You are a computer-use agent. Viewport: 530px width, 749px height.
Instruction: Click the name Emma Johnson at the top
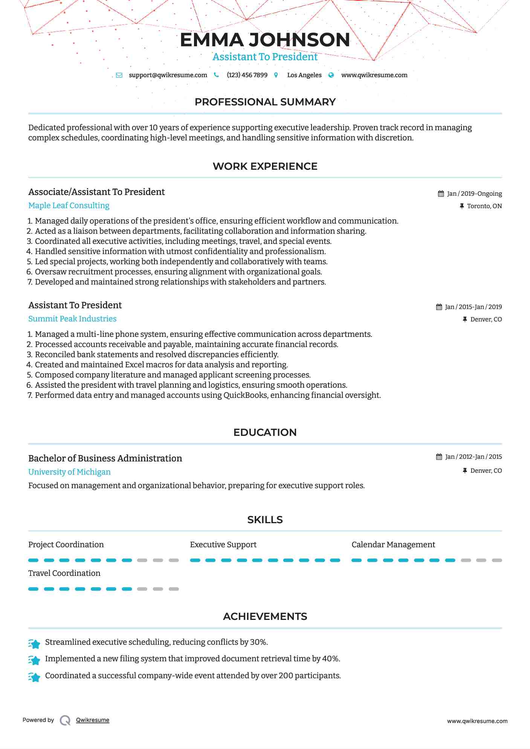click(x=265, y=40)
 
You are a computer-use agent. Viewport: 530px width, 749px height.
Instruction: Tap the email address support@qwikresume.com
click(x=168, y=75)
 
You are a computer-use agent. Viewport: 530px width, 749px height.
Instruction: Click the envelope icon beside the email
click(x=119, y=75)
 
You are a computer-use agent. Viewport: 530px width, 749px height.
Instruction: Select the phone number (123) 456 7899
click(x=247, y=75)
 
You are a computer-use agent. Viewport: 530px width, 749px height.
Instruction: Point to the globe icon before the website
click(x=331, y=75)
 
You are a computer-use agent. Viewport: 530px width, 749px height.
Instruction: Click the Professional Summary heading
click(x=265, y=102)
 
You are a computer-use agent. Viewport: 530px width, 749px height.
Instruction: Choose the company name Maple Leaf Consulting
click(x=69, y=206)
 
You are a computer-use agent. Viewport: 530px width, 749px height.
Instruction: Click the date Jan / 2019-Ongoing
click(x=474, y=193)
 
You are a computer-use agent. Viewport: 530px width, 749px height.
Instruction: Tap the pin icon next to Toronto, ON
click(x=462, y=206)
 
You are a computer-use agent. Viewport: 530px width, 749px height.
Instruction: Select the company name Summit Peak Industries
click(x=72, y=319)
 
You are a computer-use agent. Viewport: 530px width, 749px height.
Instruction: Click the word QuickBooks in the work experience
click(x=246, y=395)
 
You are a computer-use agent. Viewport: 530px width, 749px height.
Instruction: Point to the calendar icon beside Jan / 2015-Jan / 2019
click(x=439, y=307)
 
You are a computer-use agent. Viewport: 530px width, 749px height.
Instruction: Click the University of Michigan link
click(x=69, y=472)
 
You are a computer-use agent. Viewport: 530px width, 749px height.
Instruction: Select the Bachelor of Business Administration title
click(x=105, y=458)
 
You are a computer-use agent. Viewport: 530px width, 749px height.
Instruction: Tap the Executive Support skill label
click(x=223, y=545)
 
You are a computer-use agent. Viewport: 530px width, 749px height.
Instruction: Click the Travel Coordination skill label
click(x=64, y=573)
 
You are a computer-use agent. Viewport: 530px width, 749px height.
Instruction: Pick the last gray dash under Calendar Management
click(x=497, y=560)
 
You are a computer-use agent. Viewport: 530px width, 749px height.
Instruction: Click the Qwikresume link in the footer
click(x=93, y=720)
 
